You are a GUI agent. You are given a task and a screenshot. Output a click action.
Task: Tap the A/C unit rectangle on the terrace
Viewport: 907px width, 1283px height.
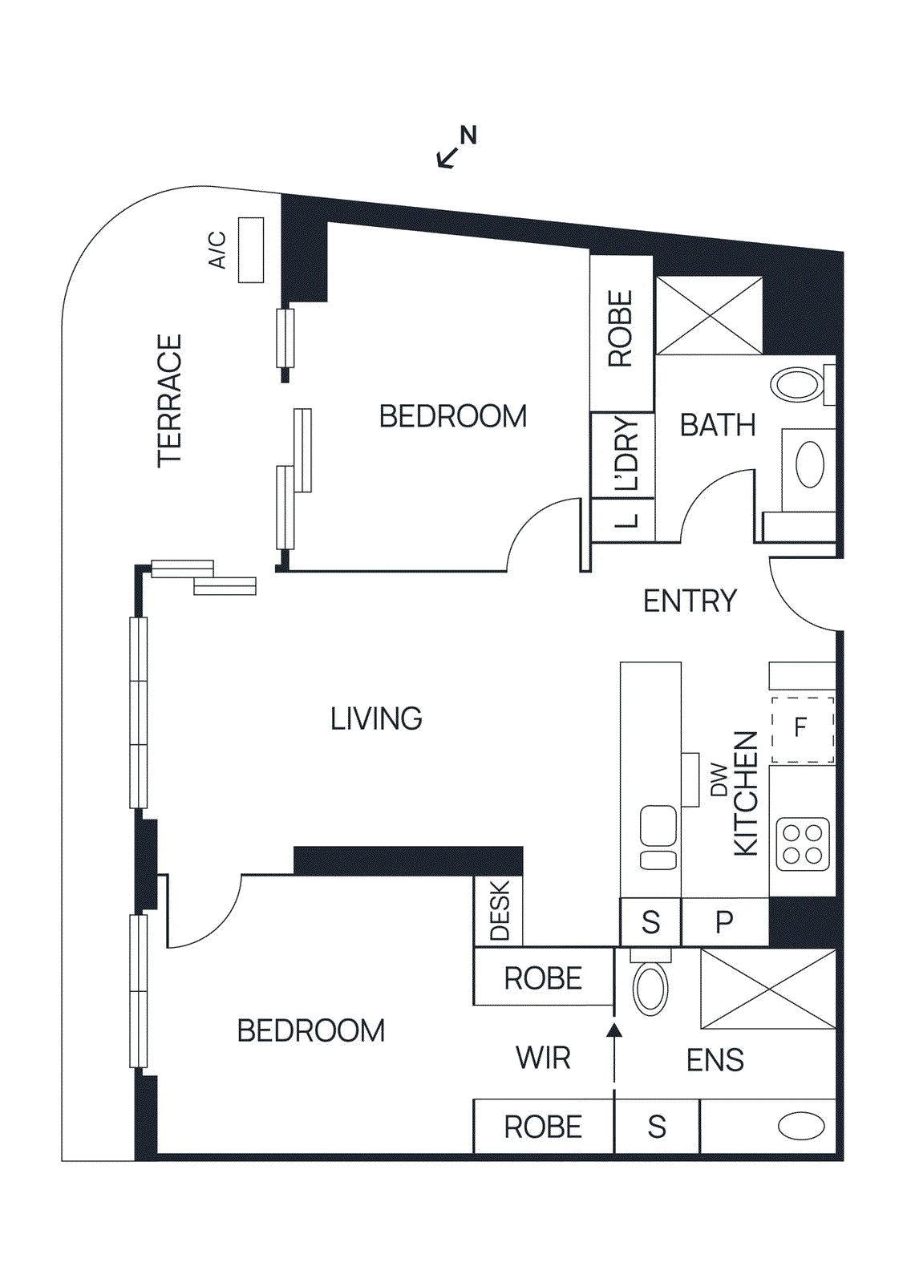tap(251, 250)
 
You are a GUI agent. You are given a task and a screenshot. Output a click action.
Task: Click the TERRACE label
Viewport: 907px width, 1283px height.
tap(170, 401)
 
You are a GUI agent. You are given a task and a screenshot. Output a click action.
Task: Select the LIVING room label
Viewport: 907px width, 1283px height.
tap(376, 718)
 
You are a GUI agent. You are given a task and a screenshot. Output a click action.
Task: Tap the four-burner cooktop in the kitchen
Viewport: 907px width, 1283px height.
tap(803, 844)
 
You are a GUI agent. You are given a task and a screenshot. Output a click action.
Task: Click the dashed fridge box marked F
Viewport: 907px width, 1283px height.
tap(802, 729)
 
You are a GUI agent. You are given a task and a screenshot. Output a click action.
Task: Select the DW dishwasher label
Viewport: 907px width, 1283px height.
tap(719, 779)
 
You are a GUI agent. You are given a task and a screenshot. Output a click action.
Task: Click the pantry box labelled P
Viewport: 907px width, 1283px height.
tap(724, 922)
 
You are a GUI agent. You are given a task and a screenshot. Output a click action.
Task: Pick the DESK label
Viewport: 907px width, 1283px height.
tap(499, 911)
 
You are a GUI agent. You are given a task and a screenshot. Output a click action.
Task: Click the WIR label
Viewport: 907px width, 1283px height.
tap(543, 1058)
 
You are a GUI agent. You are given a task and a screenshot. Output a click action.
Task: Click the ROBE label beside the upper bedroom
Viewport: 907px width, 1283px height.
tap(621, 330)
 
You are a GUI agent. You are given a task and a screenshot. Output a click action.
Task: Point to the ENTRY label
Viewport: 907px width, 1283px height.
tap(690, 601)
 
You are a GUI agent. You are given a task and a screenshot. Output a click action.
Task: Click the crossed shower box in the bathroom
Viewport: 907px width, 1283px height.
tap(709, 316)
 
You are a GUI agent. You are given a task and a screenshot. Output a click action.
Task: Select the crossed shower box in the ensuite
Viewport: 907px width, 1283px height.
tap(767, 988)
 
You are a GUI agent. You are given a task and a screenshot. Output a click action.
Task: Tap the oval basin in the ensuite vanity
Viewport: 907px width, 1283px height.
tap(801, 1126)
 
